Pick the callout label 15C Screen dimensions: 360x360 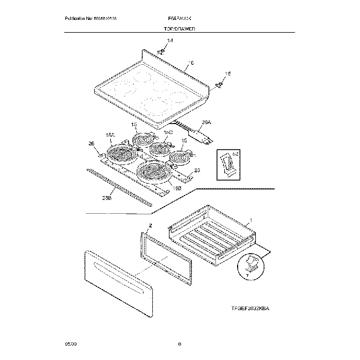pyautogui.click(x=167, y=133)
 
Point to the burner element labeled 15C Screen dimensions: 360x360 pyautogui.click(x=161, y=148)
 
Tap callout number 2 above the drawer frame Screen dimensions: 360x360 pyautogui.click(x=150, y=226)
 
